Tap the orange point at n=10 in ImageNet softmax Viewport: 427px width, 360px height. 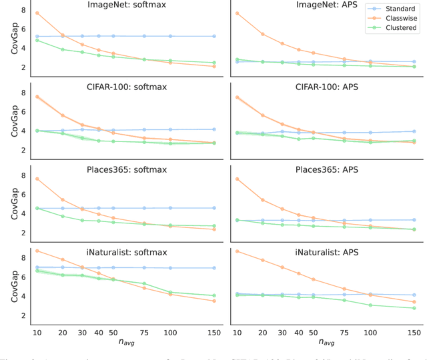pyautogui.click(x=37, y=13)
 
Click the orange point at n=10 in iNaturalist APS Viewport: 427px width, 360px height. pyautogui.click(x=237, y=251)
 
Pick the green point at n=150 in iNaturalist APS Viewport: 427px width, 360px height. pyautogui.click(x=414, y=308)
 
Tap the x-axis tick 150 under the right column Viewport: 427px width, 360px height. pyautogui.click(x=414, y=331)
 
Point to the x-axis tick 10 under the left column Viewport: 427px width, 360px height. pyautogui.click(x=37, y=331)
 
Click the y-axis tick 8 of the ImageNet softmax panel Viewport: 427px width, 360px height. pyautogui.click(x=24, y=11)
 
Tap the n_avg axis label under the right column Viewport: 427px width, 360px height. pyautogui.click(x=326, y=343)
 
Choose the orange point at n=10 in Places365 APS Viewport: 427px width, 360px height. pyautogui.click(x=237, y=179)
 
